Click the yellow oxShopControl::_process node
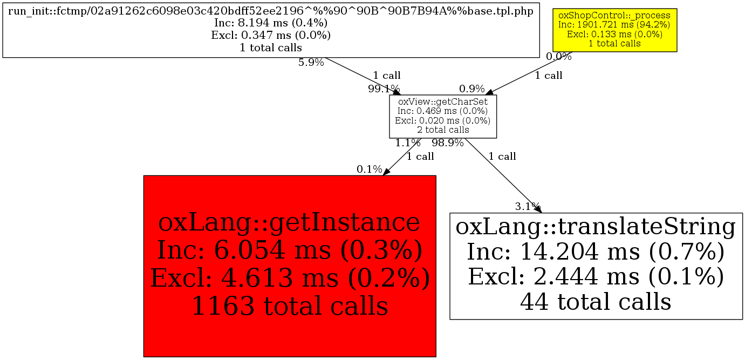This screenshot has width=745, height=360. tap(614, 30)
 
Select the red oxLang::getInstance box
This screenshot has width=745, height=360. tap(290, 266)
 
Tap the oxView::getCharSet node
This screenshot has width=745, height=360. tap(443, 116)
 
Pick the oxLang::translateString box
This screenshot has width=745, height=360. tap(596, 265)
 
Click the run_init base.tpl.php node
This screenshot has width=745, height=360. tap(271, 32)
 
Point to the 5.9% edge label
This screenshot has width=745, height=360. tap(311, 63)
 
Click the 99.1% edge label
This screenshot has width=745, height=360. tap(384, 89)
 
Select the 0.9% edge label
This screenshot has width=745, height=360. tap(472, 89)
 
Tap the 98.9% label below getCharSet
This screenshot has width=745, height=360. tap(448, 143)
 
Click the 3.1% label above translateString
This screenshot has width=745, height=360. tap(528, 206)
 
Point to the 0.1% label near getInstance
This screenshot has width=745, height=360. tap(370, 169)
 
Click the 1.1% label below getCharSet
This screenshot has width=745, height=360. tap(408, 143)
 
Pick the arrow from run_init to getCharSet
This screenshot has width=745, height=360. tap(361, 76)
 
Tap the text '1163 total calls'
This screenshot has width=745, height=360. tap(290, 306)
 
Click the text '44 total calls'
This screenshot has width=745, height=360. tap(596, 301)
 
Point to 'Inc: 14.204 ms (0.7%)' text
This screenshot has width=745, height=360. tap(596, 252)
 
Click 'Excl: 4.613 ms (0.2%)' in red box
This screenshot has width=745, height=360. tap(290, 279)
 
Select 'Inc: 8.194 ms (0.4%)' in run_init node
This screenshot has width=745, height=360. tap(271, 23)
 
